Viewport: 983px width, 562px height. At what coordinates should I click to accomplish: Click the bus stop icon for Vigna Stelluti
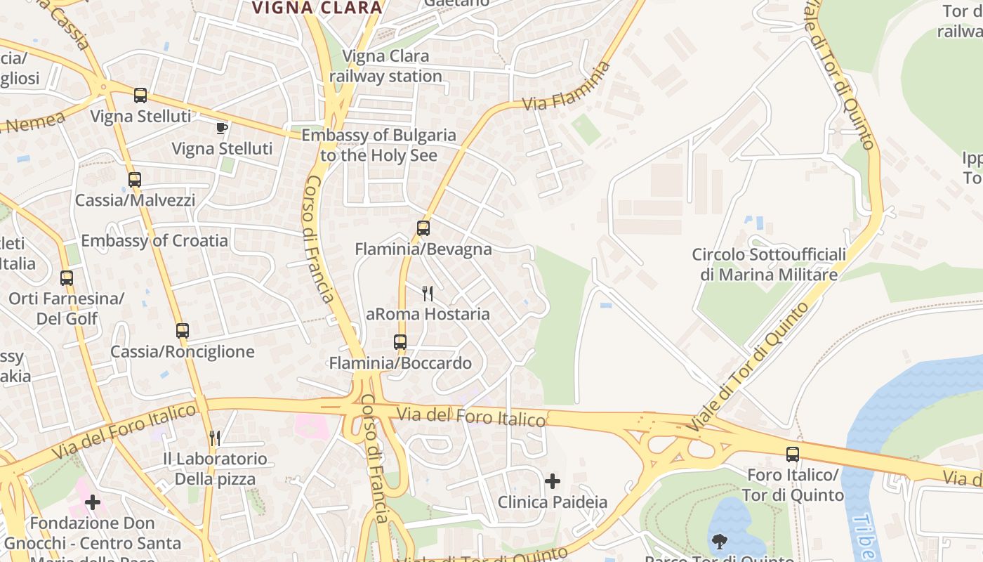[x=140, y=95]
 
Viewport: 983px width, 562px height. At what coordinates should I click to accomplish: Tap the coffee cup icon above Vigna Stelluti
[x=222, y=127]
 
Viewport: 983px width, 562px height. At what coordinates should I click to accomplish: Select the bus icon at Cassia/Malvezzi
[x=135, y=179]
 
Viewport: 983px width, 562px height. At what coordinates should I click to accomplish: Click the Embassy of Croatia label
[x=154, y=241]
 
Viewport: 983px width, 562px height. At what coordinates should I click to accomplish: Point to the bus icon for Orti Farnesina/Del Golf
[x=67, y=277]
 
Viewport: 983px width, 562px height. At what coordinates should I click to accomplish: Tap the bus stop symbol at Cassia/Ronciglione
[x=183, y=330]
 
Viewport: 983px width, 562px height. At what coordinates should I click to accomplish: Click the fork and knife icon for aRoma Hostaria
[x=427, y=293]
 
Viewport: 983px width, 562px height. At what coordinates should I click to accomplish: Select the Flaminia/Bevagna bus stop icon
[x=423, y=228]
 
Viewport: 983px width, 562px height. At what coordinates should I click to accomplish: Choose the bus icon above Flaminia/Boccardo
[x=400, y=342]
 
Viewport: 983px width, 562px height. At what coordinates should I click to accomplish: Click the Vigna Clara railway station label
[x=385, y=66]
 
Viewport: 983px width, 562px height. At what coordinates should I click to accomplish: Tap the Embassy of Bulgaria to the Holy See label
[x=378, y=145]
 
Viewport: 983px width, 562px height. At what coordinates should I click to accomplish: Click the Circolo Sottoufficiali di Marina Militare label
[x=769, y=264]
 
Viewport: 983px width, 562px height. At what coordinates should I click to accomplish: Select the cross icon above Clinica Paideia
[x=553, y=481]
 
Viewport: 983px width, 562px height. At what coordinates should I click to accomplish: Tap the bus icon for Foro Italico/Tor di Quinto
[x=793, y=455]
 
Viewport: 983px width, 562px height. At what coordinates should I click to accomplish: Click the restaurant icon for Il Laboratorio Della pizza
[x=215, y=438]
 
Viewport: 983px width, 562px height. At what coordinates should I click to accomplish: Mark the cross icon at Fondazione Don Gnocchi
[x=92, y=502]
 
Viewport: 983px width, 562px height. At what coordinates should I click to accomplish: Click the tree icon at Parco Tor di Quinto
[x=720, y=542]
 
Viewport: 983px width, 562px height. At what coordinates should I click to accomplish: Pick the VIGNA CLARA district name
[x=317, y=8]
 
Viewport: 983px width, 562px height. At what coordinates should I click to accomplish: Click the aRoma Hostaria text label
[x=428, y=314]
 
